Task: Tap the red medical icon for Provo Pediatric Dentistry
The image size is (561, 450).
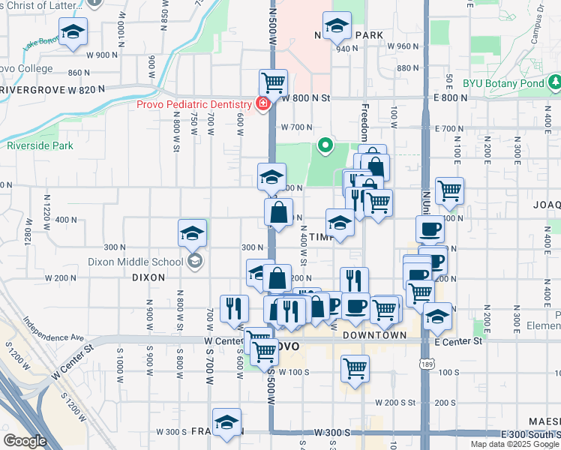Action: (x=263, y=103)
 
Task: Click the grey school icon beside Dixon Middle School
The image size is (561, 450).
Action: (x=195, y=261)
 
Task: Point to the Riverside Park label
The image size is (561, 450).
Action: (x=40, y=145)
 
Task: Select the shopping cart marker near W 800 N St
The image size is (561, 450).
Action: (x=273, y=81)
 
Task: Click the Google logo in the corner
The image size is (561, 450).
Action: (x=25, y=441)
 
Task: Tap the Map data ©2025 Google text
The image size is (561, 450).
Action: (x=514, y=444)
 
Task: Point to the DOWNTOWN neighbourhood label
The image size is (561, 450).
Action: (x=374, y=335)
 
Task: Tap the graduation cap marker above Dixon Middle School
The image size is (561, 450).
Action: (x=193, y=232)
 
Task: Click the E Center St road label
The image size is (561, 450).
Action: (x=457, y=341)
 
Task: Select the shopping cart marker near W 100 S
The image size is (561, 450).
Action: (x=354, y=367)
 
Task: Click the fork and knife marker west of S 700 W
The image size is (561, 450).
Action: (x=234, y=307)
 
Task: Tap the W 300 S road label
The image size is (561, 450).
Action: (x=332, y=433)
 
